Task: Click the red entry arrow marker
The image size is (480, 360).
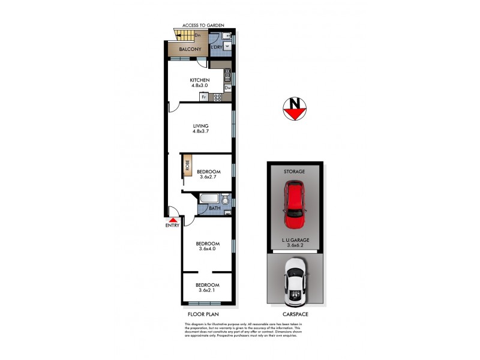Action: pyautogui.click(x=173, y=220)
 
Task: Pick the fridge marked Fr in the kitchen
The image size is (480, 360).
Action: pyautogui.click(x=204, y=97)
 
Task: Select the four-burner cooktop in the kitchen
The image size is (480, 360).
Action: pyautogui.click(x=218, y=97)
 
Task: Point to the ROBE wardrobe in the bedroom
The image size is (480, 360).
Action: pyautogui.click(x=187, y=166)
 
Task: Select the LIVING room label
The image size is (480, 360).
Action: pyautogui.click(x=200, y=126)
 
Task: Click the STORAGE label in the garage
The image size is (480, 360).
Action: pyautogui.click(x=294, y=172)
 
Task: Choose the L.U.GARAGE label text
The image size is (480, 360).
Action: pyautogui.click(x=294, y=240)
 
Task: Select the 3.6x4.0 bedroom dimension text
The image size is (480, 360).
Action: pyautogui.click(x=208, y=250)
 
